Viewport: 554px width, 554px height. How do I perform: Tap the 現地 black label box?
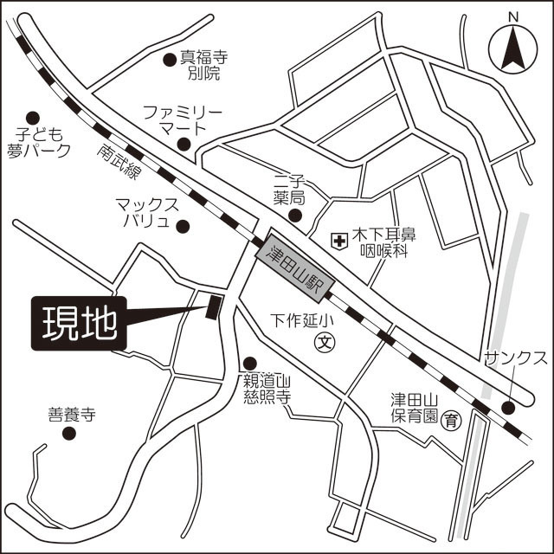point(80,325)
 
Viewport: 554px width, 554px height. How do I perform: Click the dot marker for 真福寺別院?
point(170,60)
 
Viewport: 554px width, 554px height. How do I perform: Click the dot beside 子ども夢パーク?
point(33,118)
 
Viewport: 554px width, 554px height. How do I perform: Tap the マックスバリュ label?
point(147,213)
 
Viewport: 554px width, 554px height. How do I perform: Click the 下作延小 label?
point(302,319)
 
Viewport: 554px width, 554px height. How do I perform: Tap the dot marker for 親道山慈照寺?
point(250,364)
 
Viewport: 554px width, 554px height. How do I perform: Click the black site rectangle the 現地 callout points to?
point(214,306)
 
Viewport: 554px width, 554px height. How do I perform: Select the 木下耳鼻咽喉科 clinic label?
point(383,242)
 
